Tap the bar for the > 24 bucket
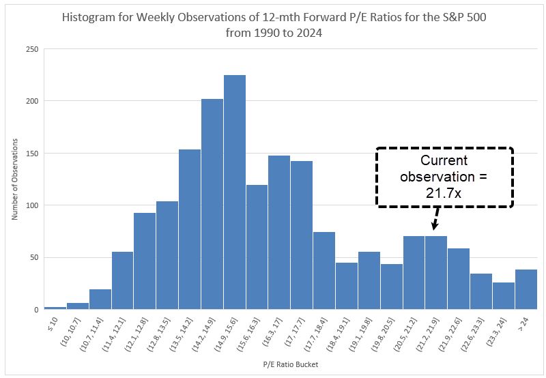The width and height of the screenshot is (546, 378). [x=526, y=289]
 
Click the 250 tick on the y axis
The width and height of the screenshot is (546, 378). [x=33, y=49]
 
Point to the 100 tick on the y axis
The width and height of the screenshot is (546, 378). [x=33, y=205]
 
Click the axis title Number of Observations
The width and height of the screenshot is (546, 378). [x=14, y=179]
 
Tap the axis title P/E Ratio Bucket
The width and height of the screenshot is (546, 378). [x=290, y=364]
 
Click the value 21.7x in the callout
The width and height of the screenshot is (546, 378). [x=444, y=193]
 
